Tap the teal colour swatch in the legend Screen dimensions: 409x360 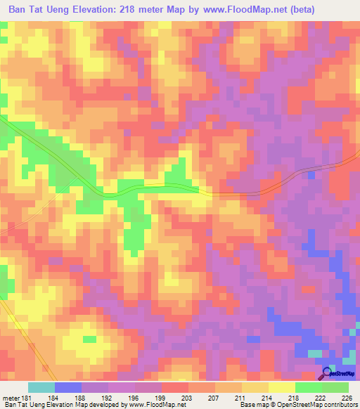tap(41, 387)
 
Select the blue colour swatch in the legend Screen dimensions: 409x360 tap(68, 387)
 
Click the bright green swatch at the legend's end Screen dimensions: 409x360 tap(335, 387)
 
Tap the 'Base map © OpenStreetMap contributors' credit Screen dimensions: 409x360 tap(297, 405)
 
